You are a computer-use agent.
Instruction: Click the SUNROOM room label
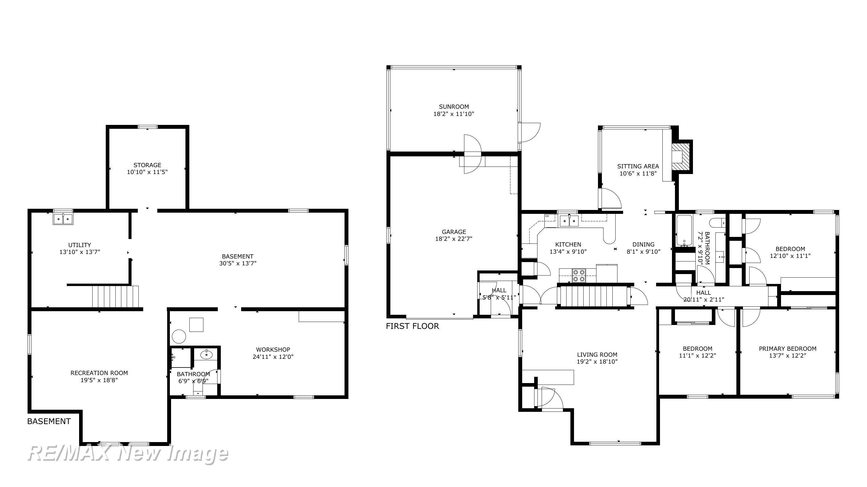(x=453, y=107)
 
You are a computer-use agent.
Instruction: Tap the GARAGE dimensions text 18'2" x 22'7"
(x=454, y=239)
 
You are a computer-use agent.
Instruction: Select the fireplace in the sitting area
(x=680, y=157)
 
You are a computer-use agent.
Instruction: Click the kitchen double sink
(x=569, y=221)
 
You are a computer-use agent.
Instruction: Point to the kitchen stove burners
(x=579, y=275)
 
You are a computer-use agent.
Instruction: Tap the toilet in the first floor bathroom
(x=717, y=223)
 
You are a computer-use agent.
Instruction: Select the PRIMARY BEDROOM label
(x=787, y=349)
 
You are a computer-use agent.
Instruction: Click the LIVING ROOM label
(x=597, y=354)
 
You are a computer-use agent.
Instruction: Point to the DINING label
(x=643, y=244)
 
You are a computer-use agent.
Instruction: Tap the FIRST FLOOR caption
(x=412, y=326)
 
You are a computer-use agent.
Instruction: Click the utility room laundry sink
(x=63, y=219)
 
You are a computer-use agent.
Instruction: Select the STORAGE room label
(x=147, y=165)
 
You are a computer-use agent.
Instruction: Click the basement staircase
(x=115, y=296)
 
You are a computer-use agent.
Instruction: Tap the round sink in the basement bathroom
(x=206, y=354)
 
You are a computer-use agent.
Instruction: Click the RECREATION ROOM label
(x=99, y=373)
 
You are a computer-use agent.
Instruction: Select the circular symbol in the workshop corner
(x=179, y=336)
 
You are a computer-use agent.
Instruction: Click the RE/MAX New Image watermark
(x=128, y=454)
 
